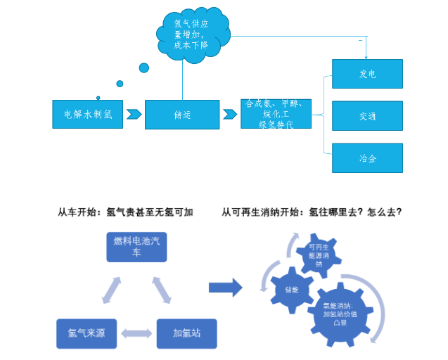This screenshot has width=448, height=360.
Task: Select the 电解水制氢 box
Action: point(88,114)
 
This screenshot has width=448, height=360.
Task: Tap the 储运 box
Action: point(182,115)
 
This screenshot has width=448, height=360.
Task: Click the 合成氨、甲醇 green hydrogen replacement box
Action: point(276,113)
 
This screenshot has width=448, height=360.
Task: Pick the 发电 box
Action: point(367,73)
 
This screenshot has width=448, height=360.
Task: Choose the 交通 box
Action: point(367,116)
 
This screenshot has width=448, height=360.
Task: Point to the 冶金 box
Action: point(367,158)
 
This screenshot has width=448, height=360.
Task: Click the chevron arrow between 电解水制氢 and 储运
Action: point(134,114)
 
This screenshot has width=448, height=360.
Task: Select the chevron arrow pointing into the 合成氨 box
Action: point(230,114)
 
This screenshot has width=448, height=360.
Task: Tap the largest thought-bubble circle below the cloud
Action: point(144,68)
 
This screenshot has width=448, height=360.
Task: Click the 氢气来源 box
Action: point(86,333)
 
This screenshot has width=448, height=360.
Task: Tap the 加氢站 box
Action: point(186,333)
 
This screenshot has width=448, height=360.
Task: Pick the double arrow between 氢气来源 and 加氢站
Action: point(136,333)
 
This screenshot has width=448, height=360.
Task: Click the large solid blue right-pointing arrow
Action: point(225,287)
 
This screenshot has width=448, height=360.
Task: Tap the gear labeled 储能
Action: point(291,289)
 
